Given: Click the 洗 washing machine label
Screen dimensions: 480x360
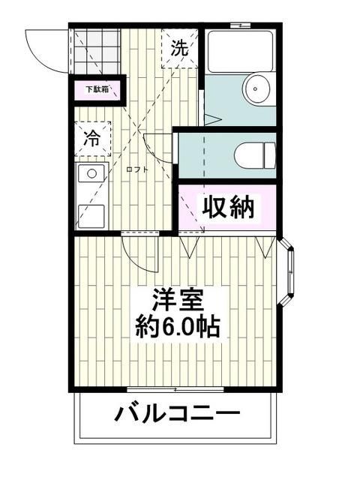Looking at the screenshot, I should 179,49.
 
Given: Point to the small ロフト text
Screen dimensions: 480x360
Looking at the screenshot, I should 136,169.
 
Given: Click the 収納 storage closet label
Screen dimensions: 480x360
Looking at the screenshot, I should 226,205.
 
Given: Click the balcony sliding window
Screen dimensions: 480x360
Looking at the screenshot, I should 177,390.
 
